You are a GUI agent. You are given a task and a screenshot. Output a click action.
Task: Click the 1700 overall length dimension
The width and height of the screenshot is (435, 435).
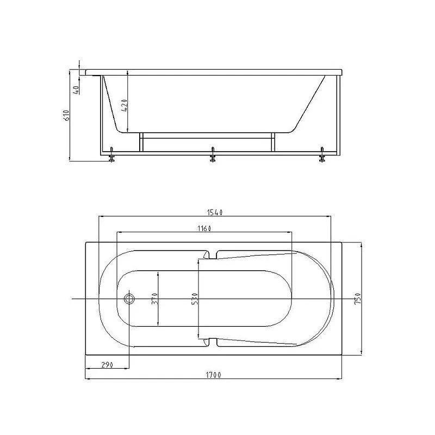coord(213,375)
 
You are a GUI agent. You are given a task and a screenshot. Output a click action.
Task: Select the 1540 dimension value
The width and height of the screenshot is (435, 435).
coord(215,212)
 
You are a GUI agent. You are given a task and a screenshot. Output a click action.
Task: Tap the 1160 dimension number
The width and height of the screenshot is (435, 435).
coord(204,228)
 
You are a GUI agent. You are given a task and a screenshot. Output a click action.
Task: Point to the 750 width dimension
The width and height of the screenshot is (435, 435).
coord(358,299)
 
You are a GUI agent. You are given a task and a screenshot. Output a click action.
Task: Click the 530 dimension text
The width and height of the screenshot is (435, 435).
coord(195,299)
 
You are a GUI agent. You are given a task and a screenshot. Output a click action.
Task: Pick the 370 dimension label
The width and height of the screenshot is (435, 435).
coord(155,299)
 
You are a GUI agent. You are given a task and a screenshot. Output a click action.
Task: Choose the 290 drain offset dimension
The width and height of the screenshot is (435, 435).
coord(107,364)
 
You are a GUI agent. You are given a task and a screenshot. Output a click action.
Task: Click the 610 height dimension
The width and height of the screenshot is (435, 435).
coord(66,115)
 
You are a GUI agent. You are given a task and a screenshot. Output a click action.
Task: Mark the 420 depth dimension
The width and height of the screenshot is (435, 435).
coord(125,105)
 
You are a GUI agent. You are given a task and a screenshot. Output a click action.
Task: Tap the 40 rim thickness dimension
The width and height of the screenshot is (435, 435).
coord(76,89)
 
